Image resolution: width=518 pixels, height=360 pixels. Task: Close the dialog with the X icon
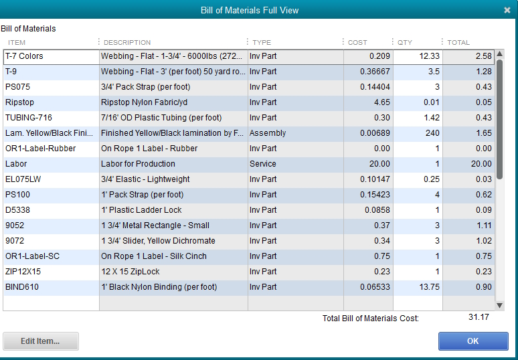point(507,10)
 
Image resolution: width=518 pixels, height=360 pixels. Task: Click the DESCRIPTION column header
point(127,43)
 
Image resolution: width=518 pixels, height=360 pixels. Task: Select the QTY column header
point(405,43)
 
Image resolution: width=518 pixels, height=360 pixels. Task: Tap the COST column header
point(357,43)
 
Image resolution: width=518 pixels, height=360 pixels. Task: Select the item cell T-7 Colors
point(24,56)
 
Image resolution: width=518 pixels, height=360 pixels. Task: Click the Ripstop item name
point(19,102)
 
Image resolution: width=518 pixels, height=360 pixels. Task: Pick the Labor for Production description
point(138,164)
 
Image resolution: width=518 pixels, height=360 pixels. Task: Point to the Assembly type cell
point(268,133)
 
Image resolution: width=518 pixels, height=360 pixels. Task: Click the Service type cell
point(263,164)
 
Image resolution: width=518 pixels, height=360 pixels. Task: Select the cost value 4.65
point(381,102)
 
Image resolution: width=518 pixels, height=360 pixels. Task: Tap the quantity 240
point(432,133)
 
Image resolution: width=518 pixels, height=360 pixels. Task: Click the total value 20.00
point(481,164)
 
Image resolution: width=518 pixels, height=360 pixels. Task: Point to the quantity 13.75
point(429,287)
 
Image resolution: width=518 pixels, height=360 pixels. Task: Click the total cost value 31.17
point(479,317)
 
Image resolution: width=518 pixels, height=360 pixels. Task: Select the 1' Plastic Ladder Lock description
point(141,210)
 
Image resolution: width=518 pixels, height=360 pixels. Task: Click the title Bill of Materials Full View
point(250,10)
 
